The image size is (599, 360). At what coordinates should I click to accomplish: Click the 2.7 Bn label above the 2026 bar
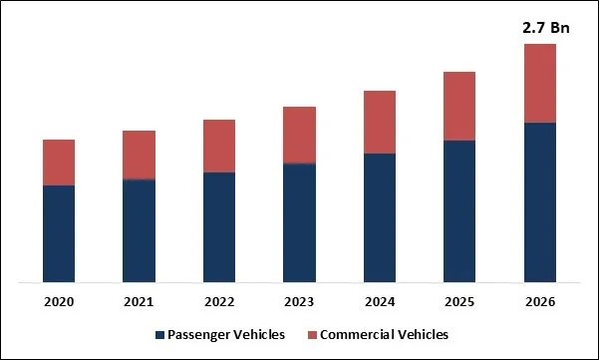(x=540, y=30)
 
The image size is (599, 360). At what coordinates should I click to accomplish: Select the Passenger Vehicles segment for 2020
(x=59, y=233)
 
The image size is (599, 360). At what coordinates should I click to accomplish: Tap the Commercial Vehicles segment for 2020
(x=59, y=163)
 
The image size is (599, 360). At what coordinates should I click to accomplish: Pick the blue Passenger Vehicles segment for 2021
(x=139, y=230)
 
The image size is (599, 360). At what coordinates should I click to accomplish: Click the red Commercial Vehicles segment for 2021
(x=139, y=155)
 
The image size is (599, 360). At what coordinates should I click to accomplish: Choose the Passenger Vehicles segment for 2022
(x=219, y=227)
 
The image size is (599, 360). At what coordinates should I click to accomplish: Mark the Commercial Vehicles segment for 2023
(x=299, y=135)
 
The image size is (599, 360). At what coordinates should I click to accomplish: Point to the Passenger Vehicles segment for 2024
(x=380, y=217)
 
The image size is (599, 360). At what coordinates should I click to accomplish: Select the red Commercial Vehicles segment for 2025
(x=459, y=106)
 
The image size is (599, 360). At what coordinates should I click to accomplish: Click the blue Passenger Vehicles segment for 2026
(x=540, y=202)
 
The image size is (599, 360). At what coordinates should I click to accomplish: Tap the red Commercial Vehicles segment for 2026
(x=540, y=83)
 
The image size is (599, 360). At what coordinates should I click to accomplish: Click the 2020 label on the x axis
(x=59, y=301)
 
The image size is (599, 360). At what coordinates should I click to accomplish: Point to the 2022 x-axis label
(x=219, y=301)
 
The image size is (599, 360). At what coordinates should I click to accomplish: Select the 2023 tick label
(x=299, y=301)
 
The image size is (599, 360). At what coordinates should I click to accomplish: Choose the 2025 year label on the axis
(x=459, y=301)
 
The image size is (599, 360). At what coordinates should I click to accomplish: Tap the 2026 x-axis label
(x=540, y=301)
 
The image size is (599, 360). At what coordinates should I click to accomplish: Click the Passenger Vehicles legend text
(x=228, y=334)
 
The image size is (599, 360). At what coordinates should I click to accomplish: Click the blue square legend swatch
(x=160, y=335)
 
